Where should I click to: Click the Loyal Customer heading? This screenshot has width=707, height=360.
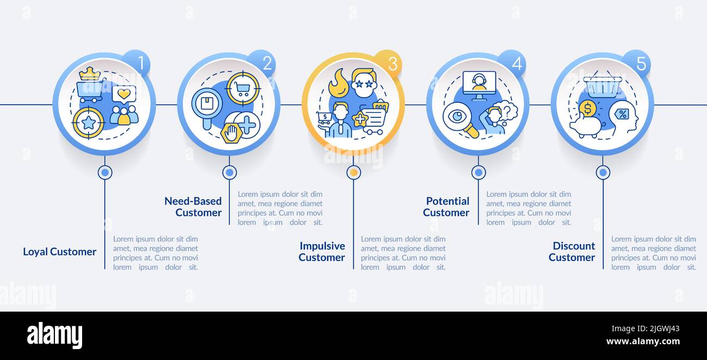[x=59, y=252]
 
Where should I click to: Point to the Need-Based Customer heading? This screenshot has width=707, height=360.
[x=193, y=207]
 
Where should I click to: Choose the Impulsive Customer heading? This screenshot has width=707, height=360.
[x=321, y=252]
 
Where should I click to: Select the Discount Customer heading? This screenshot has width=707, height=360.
[x=572, y=252]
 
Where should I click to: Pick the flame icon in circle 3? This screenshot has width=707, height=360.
[x=338, y=83]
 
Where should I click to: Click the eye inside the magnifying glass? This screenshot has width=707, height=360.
[x=457, y=116]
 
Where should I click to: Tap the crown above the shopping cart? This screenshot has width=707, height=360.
[x=90, y=73]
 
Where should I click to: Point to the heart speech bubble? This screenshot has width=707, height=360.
[x=124, y=94]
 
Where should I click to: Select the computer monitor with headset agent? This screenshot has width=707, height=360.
[x=479, y=85]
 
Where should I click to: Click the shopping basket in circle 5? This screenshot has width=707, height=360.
[x=602, y=85]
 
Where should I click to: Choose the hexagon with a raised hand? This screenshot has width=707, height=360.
[x=232, y=133]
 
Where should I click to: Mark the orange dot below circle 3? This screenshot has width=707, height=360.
[x=353, y=172]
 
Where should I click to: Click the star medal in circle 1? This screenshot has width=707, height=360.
[x=88, y=122]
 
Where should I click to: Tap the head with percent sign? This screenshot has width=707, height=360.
[x=623, y=116]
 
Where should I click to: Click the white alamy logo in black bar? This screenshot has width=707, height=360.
[x=54, y=336]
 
